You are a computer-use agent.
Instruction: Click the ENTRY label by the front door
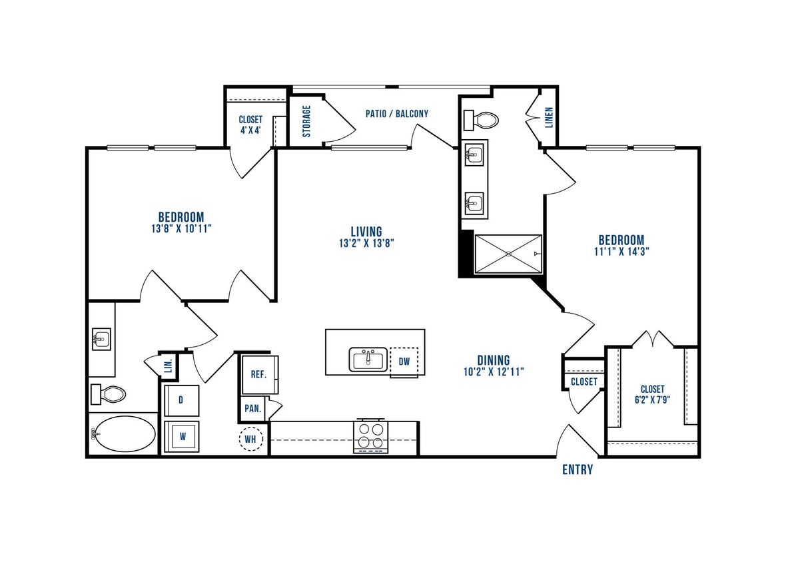577,469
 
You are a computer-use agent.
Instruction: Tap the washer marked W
181,437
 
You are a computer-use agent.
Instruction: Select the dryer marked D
181,401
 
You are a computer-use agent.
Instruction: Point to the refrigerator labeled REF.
258,374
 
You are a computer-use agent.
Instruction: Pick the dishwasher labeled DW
404,362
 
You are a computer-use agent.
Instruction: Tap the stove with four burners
371,437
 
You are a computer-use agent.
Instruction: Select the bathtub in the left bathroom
123,435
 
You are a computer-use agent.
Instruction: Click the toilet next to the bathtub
109,394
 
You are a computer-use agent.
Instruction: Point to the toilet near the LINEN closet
482,121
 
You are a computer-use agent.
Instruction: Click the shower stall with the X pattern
508,254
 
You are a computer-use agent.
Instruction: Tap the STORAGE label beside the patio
306,121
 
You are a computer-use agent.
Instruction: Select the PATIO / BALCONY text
396,113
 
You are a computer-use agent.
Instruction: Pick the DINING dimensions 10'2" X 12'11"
493,372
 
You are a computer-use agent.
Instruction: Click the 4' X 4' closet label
250,131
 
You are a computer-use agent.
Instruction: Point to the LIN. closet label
167,366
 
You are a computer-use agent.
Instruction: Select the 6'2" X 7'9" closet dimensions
652,401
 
